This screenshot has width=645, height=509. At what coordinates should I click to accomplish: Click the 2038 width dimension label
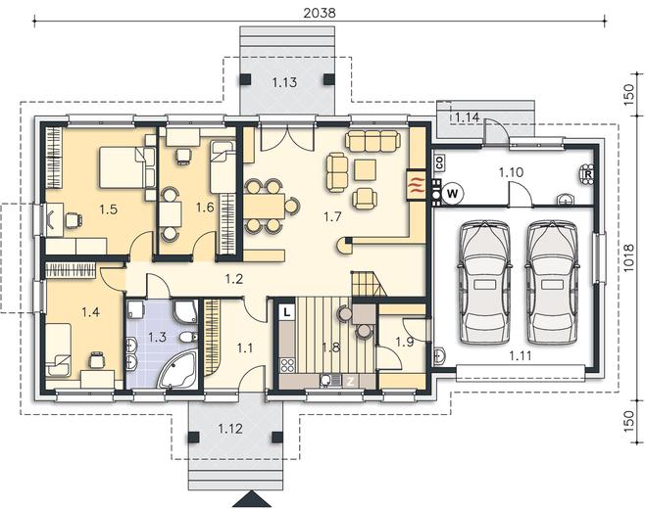320,13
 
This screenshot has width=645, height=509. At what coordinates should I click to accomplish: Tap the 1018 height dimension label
627,258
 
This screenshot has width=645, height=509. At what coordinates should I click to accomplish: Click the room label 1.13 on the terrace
284,82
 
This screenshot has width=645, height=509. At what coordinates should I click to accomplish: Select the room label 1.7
332,216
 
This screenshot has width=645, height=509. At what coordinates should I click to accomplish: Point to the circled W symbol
453,193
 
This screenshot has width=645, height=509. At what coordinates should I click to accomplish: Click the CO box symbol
439,163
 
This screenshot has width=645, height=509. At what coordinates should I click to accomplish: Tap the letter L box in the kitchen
287,312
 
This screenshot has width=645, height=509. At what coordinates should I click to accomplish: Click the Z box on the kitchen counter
350,382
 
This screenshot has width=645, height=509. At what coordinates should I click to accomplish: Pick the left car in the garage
484,282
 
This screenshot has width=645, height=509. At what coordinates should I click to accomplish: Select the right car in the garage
551,282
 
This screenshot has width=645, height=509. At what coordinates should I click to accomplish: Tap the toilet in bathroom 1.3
188,338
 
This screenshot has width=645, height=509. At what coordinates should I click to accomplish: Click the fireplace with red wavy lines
416,184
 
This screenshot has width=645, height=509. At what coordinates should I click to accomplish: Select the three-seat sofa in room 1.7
372,141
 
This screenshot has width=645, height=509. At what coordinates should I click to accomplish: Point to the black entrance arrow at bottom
252,499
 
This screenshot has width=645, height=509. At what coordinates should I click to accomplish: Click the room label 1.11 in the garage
521,355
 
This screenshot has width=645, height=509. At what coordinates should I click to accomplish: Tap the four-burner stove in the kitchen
287,365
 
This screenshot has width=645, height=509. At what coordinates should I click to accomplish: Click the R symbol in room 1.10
588,174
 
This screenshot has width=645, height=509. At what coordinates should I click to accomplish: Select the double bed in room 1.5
126,167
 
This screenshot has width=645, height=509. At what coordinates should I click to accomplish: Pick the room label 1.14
467,117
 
